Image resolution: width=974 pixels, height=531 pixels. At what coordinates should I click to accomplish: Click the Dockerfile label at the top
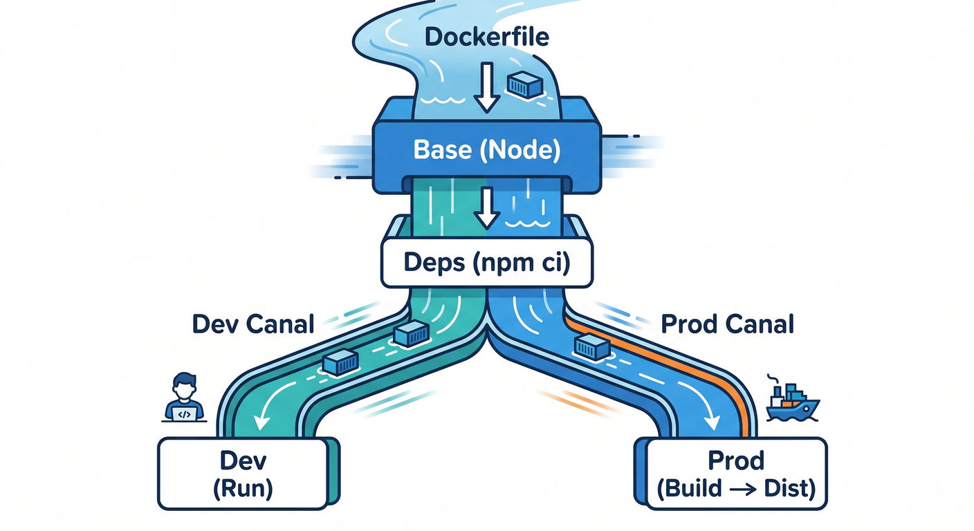tap(487, 37)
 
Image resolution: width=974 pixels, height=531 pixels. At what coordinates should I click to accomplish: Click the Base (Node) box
tap(487, 150)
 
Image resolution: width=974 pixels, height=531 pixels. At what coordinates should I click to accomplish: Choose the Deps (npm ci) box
tap(487, 263)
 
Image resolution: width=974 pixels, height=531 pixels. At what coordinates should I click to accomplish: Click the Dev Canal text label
tap(252, 324)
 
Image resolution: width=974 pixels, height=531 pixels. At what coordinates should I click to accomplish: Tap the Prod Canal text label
tap(727, 324)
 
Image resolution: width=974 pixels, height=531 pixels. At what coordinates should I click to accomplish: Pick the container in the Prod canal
tap(591, 346)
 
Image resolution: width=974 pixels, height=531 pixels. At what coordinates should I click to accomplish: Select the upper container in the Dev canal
tap(413, 333)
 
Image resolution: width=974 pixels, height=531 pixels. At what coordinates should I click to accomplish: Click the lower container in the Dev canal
tap(340, 363)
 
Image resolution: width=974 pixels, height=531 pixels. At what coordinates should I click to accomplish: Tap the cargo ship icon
tap(791, 401)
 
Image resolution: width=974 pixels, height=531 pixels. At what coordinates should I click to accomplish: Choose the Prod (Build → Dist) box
tap(736, 474)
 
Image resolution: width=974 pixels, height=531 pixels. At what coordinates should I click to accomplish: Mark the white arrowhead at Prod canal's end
tap(711, 420)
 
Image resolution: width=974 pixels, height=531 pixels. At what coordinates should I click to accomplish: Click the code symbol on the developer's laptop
tap(184, 414)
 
